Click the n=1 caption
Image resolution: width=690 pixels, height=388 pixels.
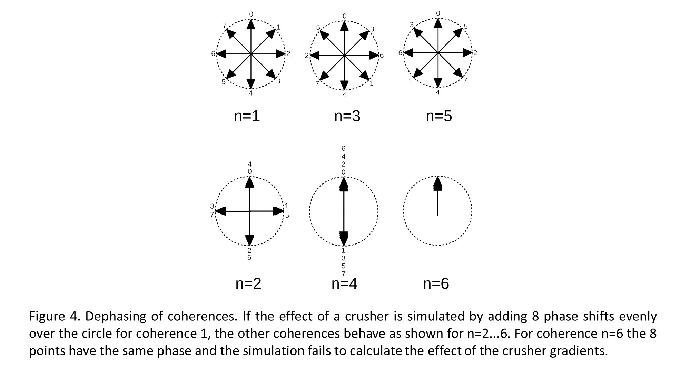[x=247, y=116]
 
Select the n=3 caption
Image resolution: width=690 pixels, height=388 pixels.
[x=347, y=116]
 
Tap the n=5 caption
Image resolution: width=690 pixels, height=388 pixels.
[x=439, y=116]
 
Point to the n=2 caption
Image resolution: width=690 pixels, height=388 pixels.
[x=248, y=283]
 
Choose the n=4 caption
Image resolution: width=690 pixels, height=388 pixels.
[x=344, y=283]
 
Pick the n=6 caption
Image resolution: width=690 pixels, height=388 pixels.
[x=436, y=283]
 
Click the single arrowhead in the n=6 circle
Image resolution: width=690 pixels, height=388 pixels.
[x=437, y=183]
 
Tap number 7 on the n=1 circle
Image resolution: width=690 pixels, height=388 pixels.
[x=225, y=26]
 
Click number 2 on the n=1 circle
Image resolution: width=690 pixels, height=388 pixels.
[x=288, y=53]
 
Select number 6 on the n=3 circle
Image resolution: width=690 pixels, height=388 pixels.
[x=382, y=56]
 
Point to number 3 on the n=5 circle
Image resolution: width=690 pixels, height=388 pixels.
[x=412, y=25]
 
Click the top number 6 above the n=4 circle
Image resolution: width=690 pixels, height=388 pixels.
[x=343, y=148]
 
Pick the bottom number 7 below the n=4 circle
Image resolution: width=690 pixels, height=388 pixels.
[x=343, y=274]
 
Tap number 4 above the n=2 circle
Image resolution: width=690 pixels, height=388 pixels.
[x=250, y=164]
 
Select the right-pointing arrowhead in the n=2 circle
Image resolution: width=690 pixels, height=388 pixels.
[x=278, y=211]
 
